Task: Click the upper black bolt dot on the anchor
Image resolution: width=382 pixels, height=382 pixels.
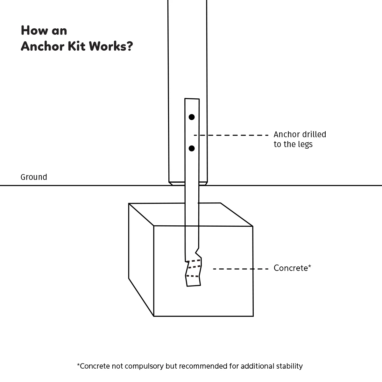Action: pyautogui.click(x=192, y=117)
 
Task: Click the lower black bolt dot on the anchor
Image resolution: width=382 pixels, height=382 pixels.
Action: pyautogui.click(x=192, y=148)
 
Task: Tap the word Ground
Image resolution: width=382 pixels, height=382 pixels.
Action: pyautogui.click(x=34, y=177)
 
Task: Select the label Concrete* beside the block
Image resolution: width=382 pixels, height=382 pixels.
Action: pyautogui.click(x=292, y=268)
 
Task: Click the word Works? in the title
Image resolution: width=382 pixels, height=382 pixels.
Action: pyautogui.click(x=111, y=46)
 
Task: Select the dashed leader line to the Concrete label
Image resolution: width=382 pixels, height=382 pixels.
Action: pyautogui.click(x=241, y=269)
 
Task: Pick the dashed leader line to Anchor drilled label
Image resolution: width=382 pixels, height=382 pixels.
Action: pyautogui.click(x=231, y=135)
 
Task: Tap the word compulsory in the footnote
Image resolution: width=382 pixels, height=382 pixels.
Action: pyautogui.click(x=144, y=366)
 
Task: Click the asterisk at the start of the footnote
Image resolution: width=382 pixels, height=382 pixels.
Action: pyautogui.click(x=78, y=365)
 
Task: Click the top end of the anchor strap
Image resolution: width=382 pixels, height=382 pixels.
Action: pyautogui.click(x=192, y=100)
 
